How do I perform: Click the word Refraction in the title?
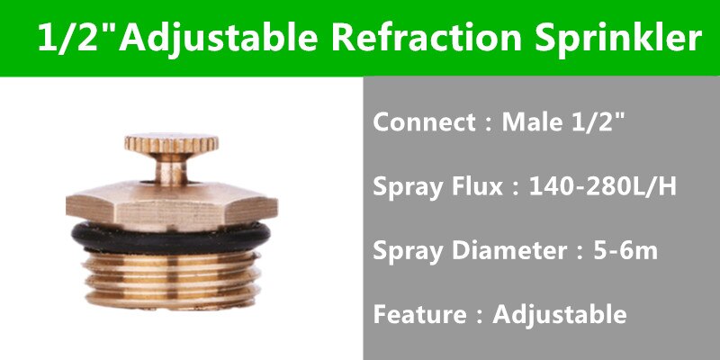pyautogui.click(x=427, y=37)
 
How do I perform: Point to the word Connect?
pyautogui.click(x=424, y=122)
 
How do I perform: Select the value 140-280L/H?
pyautogui.click(x=602, y=187)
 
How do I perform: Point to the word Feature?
pyautogui.click(x=419, y=315)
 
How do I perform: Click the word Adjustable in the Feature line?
pyautogui.click(x=559, y=316)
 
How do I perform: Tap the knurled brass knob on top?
pyautogui.click(x=171, y=143)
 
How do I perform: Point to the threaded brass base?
pyautogui.click(x=171, y=280)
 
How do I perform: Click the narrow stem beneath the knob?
pyautogui.click(x=171, y=168)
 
